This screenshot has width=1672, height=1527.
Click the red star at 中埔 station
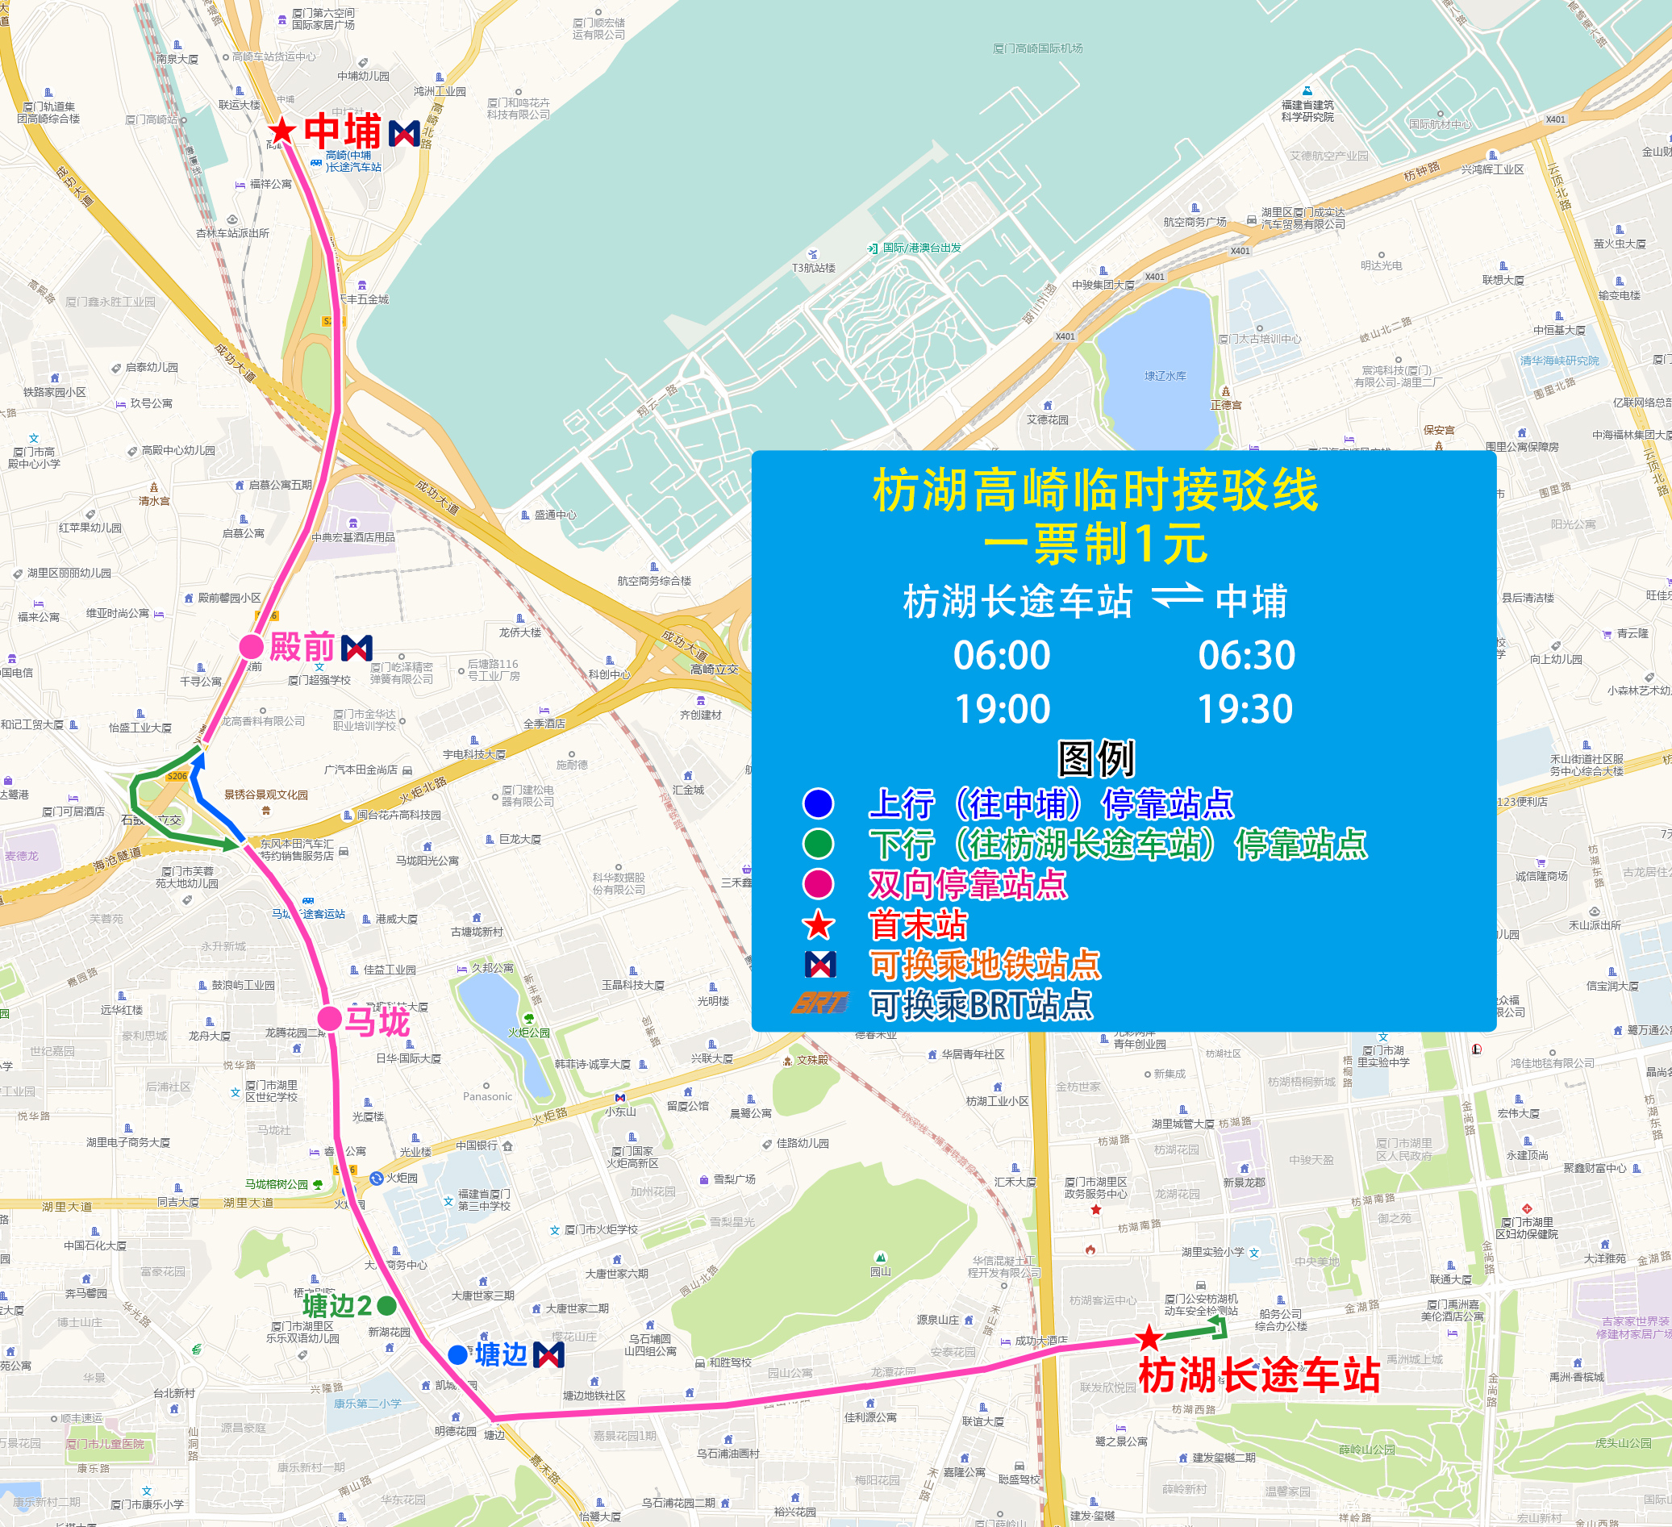click(x=282, y=130)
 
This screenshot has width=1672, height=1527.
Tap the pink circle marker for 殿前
click(x=252, y=646)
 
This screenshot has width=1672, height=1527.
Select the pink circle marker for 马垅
click(x=329, y=1019)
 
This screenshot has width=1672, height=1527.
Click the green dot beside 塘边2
click(x=386, y=1305)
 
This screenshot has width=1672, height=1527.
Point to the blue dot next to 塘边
click(x=457, y=1354)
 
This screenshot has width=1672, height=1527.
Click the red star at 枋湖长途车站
click(x=1149, y=1338)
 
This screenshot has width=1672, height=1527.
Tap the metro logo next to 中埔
click(x=404, y=133)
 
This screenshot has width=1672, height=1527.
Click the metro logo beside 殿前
click(x=356, y=647)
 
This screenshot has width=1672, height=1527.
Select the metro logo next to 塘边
click(x=549, y=1354)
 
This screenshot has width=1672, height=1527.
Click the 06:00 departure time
click(x=1002, y=655)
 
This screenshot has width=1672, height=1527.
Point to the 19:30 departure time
click(x=1245, y=709)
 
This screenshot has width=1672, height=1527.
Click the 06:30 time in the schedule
click(x=1246, y=655)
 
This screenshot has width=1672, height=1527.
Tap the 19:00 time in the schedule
click(x=1003, y=709)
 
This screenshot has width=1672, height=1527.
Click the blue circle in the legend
click(x=818, y=803)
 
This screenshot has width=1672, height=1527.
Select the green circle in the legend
click(x=818, y=844)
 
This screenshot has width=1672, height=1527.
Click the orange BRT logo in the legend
click(x=819, y=1003)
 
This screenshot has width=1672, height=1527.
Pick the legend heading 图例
click(x=1095, y=757)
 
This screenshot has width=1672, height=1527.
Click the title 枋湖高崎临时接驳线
click(x=1095, y=490)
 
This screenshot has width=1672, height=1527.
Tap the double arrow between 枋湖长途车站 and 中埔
click(x=1178, y=595)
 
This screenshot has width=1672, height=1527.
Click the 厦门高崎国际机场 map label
click(x=1037, y=48)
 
